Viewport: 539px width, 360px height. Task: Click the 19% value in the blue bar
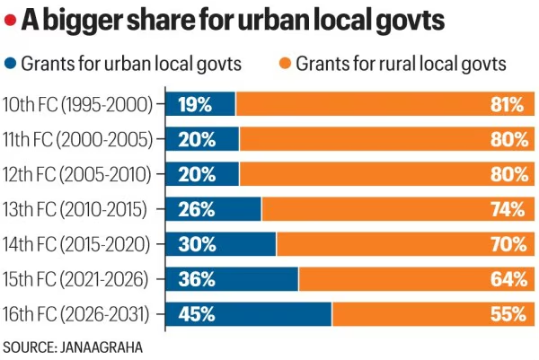tap(195, 105)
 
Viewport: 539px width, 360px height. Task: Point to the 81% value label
tap(508, 105)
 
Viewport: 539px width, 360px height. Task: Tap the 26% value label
tap(197, 209)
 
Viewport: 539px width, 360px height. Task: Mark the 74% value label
tap(508, 209)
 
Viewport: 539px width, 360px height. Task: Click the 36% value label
tap(197, 279)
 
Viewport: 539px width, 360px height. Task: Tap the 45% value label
tap(197, 314)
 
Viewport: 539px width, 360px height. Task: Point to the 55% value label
tap(508, 314)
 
